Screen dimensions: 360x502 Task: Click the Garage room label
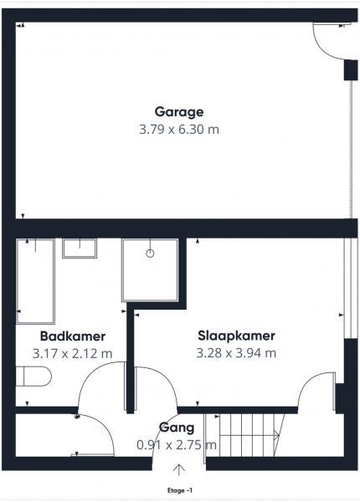click(178, 112)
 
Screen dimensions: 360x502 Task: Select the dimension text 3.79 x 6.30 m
click(179, 130)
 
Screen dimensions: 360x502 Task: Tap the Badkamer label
click(73, 336)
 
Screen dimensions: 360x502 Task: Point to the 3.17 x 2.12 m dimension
click(72, 354)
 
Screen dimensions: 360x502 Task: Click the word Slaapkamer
click(236, 336)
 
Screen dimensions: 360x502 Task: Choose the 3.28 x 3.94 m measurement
click(236, 353)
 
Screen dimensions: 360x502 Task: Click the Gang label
click(177, 428)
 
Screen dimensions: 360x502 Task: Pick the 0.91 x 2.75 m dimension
click(177, 445)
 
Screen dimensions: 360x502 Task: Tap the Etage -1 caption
click(180, 490)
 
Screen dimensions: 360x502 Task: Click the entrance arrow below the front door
click(179, 469)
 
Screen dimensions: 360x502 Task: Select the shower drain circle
click(150, 254)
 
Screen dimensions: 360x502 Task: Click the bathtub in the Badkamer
click(35, 281)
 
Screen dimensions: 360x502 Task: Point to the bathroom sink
click(80, 248)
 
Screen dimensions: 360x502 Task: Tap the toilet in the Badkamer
click(33, 376)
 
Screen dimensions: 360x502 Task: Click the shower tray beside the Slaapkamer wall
click(150, 270)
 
